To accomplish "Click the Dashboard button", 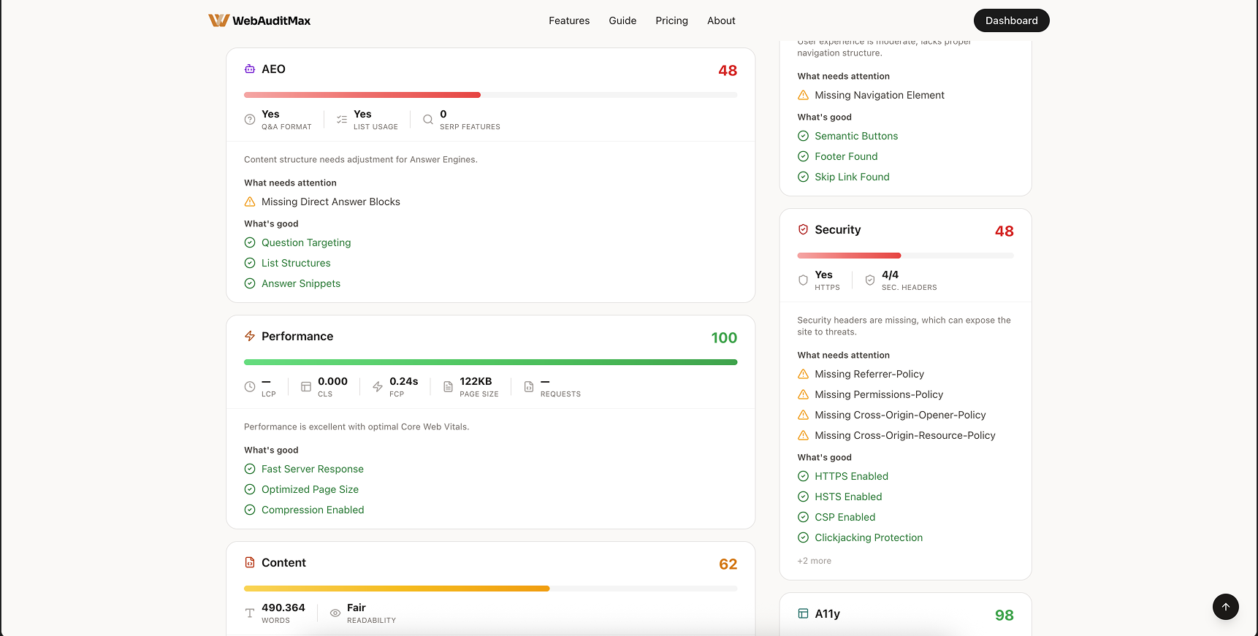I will [1011, 20].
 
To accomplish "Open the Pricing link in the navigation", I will [671, 20].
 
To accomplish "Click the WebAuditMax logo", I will [259, 20].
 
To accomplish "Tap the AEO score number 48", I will [727, 71].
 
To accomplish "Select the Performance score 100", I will [723, 338].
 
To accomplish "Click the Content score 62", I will [728, 564].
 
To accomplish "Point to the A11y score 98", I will [1004, 616].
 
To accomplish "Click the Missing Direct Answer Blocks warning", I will [330, 202].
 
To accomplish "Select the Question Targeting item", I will [305, 243].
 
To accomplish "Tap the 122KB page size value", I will [475, 382].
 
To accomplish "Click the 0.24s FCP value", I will [403, 382].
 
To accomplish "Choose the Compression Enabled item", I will [312, 510].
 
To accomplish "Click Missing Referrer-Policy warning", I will [869, 375].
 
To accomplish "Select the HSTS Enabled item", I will [847, 497].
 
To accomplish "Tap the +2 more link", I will [814, 562].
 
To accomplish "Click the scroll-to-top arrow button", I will [1225, 607].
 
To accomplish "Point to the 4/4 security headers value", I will [890, 275].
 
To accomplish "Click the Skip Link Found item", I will [851, 177].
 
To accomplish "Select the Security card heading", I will [837, 230].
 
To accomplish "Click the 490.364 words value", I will [283, 608].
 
